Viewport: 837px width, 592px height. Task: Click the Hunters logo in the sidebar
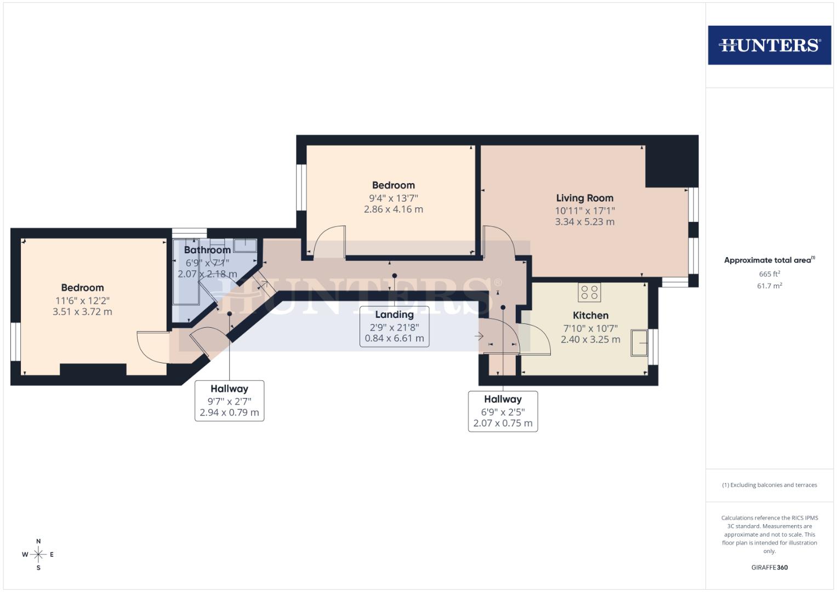[x=769, y=45]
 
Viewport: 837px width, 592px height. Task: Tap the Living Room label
[x=584, y=198]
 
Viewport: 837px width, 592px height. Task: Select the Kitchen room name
[x=590, y=315]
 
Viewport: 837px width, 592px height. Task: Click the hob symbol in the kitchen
[x=589, y=292]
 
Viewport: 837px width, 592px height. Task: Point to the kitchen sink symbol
[x=639, y=343]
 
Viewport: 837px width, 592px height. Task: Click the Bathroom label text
[x=207, y=250]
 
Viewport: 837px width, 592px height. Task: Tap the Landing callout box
[x=394, y=326]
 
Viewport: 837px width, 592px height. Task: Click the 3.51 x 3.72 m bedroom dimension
[x=82, y=312]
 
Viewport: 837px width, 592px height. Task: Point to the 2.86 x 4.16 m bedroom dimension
[x=393, y=209]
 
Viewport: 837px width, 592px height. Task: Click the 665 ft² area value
[x=769, y=274]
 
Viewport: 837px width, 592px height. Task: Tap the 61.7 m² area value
[x=769, y=286]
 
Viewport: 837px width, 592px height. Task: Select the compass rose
[x=38, y=555]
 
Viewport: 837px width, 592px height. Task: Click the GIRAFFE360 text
[x=769, y=567]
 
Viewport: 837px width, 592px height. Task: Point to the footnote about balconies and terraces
[x=769, y=485]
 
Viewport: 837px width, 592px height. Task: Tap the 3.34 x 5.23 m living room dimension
[x=584, y=222]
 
